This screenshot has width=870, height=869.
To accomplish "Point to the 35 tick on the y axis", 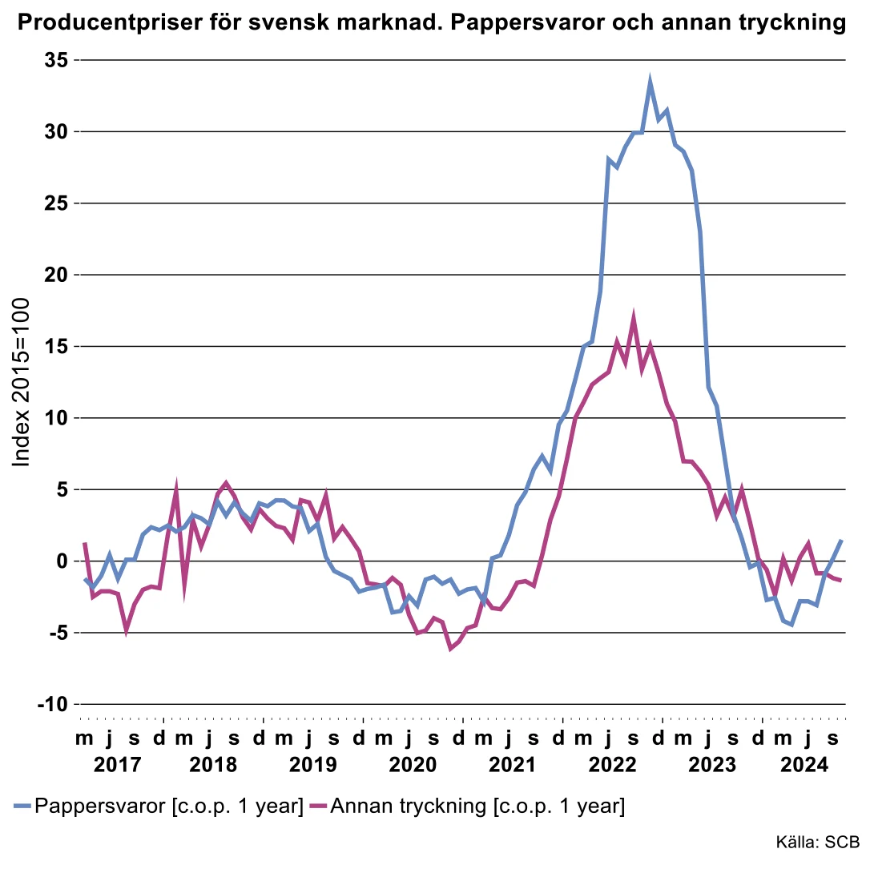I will (x=57, y=60).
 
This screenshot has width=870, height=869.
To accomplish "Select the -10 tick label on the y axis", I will (x=53, y=704).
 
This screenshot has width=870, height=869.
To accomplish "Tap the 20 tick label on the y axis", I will (x=57, y=275).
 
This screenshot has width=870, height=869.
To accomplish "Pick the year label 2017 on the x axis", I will (x=116, y=765).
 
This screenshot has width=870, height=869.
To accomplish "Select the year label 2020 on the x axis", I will (x=413, y=765).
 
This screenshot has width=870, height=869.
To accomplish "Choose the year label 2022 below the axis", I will (x=613, y=765).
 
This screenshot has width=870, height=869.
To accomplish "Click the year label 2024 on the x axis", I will (x=804, y=765).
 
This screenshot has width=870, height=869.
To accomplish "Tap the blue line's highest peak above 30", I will (x=650, y=81).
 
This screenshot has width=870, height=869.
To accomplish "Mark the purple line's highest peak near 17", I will (x=634, y=318).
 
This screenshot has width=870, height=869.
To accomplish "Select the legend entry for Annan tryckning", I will (x=477, y=806).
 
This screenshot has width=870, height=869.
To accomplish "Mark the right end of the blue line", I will (x=841, y=541).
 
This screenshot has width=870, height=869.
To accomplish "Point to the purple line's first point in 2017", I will (x=84, y=543).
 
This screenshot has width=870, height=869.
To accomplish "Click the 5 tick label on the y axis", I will (x=62, y=489).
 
